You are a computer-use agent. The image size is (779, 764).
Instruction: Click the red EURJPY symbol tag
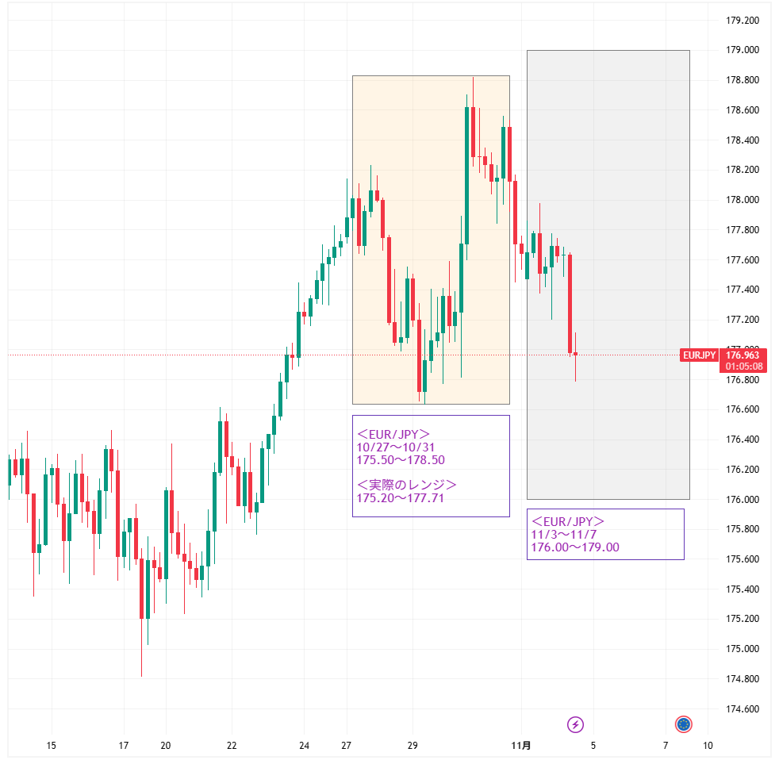pyautogui.click(x=700, y=355)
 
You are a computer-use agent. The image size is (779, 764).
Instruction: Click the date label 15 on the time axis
pyautogui.click(x=52, y=746)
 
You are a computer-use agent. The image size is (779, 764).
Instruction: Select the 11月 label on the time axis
pyautogui.click(x=521, y=746)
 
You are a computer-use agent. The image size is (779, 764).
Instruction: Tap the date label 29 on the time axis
pyautogui.click(x=413, y=746)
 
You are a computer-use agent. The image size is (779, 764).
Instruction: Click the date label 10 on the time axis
pyautogui.click(x=708, y=746)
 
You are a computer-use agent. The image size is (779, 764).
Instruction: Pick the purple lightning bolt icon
pyautogui.click(x=576, y=724)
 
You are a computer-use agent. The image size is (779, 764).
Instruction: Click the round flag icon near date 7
pyautogui.click(x=684, y=724)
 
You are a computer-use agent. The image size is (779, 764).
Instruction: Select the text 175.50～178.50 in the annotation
pyautogui.click(x=401, y=460)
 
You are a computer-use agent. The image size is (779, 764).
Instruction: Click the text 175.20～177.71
pyautogui.click(x=401, y=498)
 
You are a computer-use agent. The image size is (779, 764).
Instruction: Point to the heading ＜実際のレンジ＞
pyautogui.click(x=407, y=485)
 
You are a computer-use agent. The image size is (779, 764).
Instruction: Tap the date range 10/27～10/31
pyautogui.click(x=395, y=447)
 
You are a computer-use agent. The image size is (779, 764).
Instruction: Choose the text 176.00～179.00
pyautogui.click(x=575, y=547)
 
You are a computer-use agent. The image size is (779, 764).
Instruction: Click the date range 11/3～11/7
pyautogui.click(x=563, y=535)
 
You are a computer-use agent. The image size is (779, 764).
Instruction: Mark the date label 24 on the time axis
pyautogui.click(x=305, y=746)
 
